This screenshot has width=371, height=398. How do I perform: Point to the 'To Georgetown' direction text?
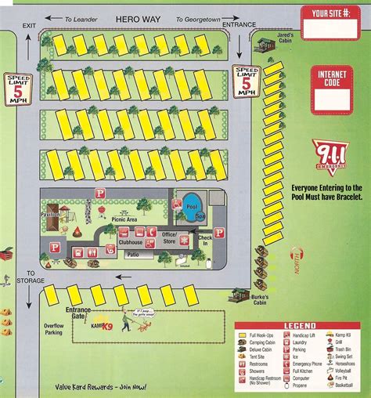click(200, 17)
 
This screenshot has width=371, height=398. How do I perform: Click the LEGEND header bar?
click(301, 324)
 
